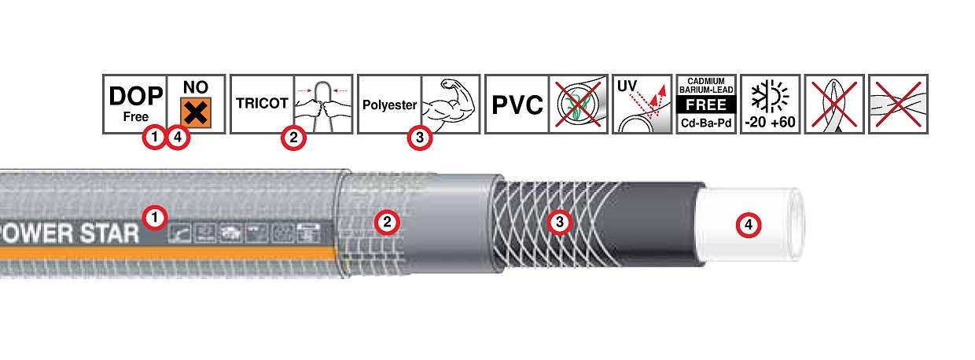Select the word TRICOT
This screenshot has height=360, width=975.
point(260,103)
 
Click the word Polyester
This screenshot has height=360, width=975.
point(388,104)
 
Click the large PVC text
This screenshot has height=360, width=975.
point(516,104)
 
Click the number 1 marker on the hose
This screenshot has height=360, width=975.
point(156,215)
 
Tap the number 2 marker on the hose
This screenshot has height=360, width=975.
point(386,223)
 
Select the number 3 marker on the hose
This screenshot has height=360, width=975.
point(559,223)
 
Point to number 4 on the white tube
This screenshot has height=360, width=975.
point(748,225)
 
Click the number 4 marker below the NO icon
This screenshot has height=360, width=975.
point(179,138)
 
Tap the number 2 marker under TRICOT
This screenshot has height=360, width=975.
point(293,138)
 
